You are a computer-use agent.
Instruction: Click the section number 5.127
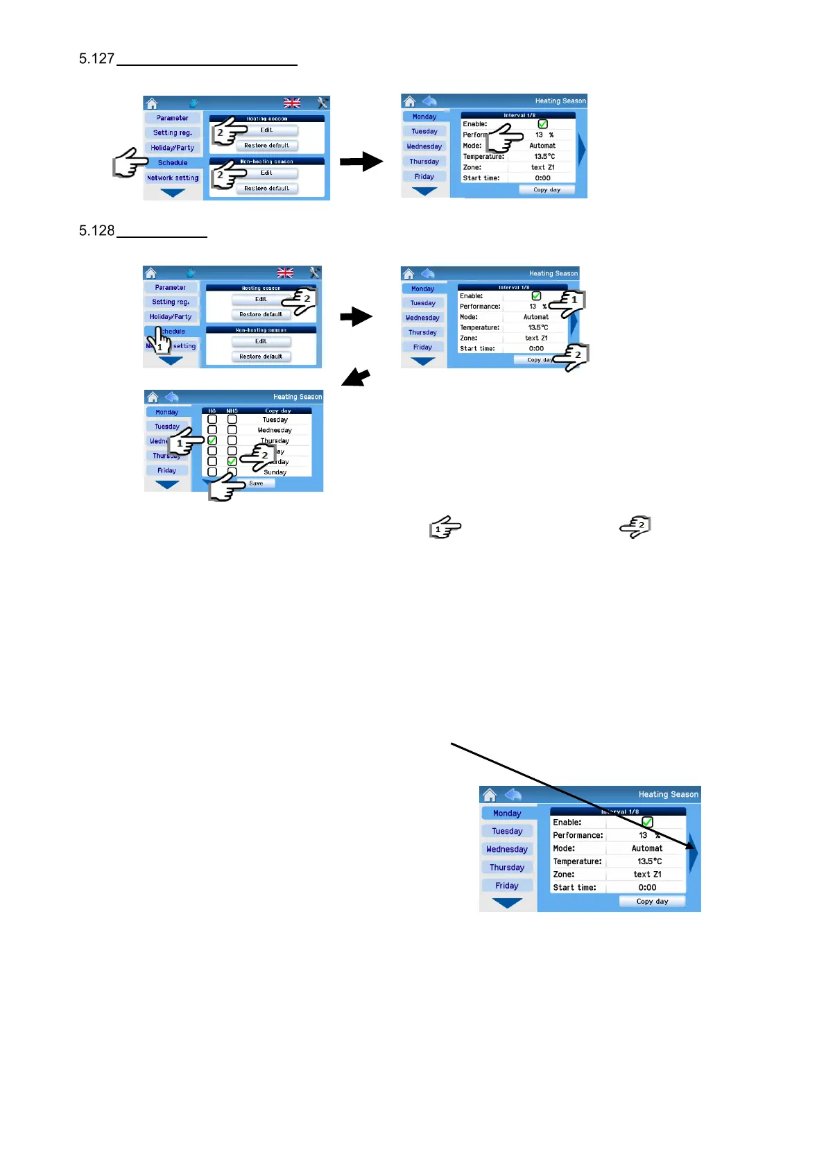click(96, 58)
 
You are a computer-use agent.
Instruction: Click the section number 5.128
click(96, 230)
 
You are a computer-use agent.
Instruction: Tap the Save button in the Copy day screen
click(256, 483)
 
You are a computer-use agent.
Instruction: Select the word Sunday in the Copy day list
click(275, 472)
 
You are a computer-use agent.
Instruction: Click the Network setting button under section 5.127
click(173, 178)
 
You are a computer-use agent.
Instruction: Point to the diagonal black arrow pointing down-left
click(356, 378)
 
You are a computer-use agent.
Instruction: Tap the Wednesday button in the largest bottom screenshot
click(507, 850)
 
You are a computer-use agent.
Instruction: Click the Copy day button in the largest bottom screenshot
click(652, 902)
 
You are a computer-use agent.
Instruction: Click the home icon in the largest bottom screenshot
click(490, 795)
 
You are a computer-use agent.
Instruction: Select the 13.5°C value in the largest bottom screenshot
click(649, 861)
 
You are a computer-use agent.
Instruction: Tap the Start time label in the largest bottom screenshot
click(574, 888)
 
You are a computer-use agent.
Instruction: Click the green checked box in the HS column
click(212, 440)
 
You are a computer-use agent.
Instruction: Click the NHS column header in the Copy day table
click(232, 411)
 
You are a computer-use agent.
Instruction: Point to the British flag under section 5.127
click(292, 103)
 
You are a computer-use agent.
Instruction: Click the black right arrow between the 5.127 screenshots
click(361, 162)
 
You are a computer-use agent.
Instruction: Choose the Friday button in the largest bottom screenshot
click(507, 886)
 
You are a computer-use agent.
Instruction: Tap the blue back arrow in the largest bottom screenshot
click(513, 795)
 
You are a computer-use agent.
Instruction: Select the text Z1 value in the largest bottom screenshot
click(647, 875)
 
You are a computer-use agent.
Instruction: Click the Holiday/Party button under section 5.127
click(173, 148)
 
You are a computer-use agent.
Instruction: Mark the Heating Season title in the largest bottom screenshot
click(668, 795)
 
